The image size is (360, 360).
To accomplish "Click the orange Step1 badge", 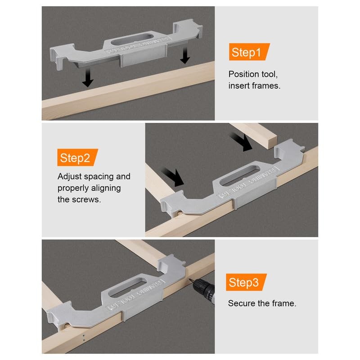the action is point(249,52).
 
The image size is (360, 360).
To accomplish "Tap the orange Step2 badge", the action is point(77,157).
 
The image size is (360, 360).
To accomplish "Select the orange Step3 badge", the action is point(246,282).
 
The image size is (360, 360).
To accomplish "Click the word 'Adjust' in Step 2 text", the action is point(70,176).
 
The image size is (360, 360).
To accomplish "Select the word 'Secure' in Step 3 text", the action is point(242,303).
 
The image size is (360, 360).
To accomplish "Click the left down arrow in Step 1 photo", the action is point(88,77).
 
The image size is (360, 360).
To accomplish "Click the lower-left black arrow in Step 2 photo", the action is point(173,177).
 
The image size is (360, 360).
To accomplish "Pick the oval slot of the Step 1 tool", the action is point(132,39).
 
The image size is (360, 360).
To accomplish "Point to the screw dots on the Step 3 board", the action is point(84,337).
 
